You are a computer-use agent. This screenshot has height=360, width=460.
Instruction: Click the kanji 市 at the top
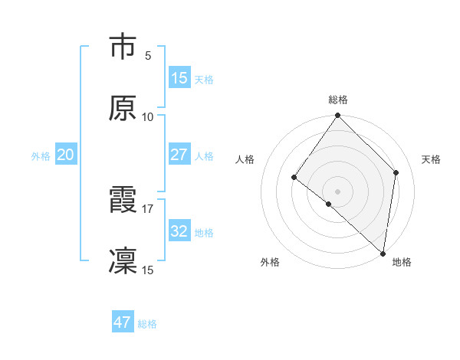pyautogui.click(x=123, y=47)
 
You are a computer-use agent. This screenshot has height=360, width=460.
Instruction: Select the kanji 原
pyautogui.click(x=123, y=109)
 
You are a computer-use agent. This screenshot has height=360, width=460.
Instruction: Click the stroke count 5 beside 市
pyautogui.click(x=148, y=55)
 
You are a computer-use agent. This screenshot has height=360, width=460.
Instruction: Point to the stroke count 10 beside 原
pyautogui.click(x=148, y=116)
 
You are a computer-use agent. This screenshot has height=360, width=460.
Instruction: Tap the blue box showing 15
pyautogui.click(x=179, y=78)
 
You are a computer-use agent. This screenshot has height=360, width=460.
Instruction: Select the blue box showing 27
pyautogui.click(x=179, y=155)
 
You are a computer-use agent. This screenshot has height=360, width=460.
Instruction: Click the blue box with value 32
pyautogui.click(x=179, y=231)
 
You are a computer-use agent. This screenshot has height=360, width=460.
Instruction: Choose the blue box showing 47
pyautogui.click(x=123, y=322)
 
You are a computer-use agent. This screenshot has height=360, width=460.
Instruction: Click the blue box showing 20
pyautogui.click(x=65, y=155)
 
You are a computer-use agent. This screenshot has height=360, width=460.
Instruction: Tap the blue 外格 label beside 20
pyautogui.click(x=41, y=155)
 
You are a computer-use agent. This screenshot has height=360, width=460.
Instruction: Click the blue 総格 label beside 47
pyautogui.click(x=147, y=324)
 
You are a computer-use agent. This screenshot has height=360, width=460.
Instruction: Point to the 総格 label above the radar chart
pyautogui.click(x=338, y=100)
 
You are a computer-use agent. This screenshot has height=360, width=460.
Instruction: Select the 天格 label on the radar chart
pyautogui.click(x=432, y=159)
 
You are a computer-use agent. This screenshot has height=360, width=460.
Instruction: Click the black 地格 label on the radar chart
pyautogui.click(x=402, y=262)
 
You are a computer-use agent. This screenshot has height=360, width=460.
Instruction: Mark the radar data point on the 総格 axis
pyautogui.click(x=338, y=116)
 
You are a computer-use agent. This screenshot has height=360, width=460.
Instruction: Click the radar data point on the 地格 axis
pyautogui.click(x=383, y=253)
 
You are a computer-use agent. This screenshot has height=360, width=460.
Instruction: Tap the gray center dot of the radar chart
pyautogui.click(x=338, y=191)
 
